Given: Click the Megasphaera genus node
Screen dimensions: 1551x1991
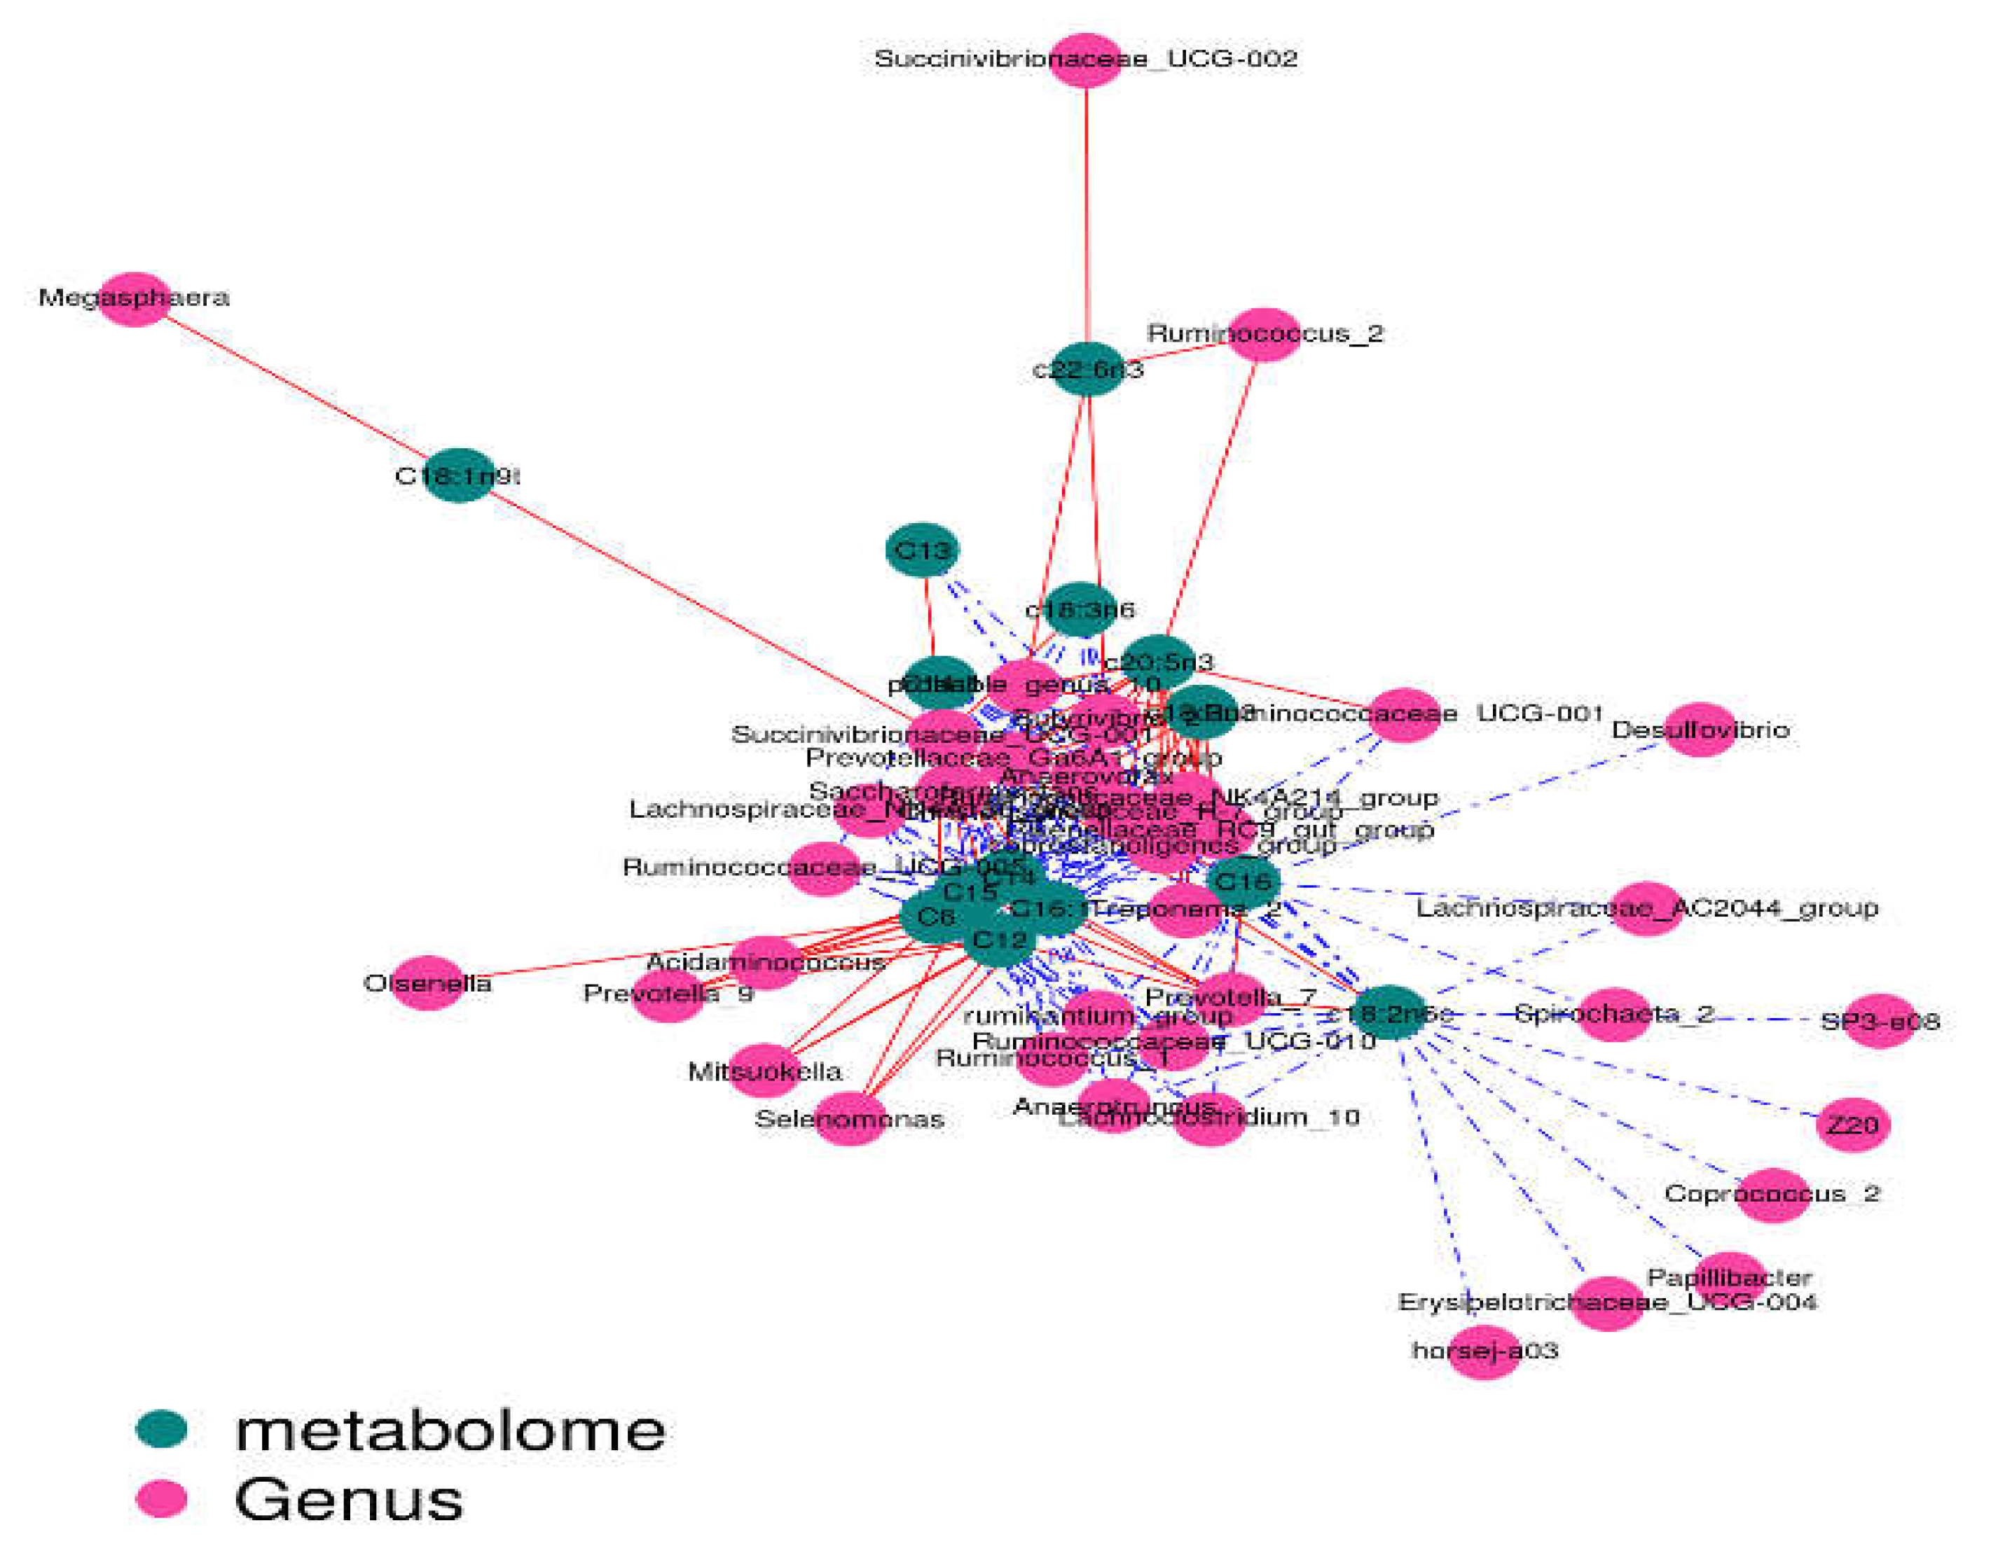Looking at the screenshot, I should (x=134, y=299).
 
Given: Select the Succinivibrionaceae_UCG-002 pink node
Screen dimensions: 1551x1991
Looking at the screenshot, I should (x=1085, y=60).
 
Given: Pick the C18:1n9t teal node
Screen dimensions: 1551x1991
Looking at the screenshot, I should (x=460, y=475).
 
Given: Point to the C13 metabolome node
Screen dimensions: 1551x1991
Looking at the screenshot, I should (x=923, y=550).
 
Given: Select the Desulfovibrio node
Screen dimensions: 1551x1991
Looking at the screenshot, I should (x=1700, y=730).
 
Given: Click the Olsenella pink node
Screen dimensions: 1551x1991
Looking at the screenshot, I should (x=427, y=982).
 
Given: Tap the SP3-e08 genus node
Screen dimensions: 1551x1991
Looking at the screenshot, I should (x=1880, y=1021).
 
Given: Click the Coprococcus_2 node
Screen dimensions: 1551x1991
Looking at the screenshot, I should (x=1772, y=1195).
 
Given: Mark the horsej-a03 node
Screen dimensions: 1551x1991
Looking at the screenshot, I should (x=1484, y=1351).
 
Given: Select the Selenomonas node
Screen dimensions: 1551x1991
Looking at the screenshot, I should (x=850, y=1118).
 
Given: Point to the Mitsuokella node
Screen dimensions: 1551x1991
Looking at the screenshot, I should (x=764, y=1071).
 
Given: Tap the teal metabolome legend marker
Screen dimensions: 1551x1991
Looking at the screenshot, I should (x=161, y=1429).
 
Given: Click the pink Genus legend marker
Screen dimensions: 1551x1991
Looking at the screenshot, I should (x=161, y=1499).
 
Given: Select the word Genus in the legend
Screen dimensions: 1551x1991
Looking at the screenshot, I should (x=349, y=1499).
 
